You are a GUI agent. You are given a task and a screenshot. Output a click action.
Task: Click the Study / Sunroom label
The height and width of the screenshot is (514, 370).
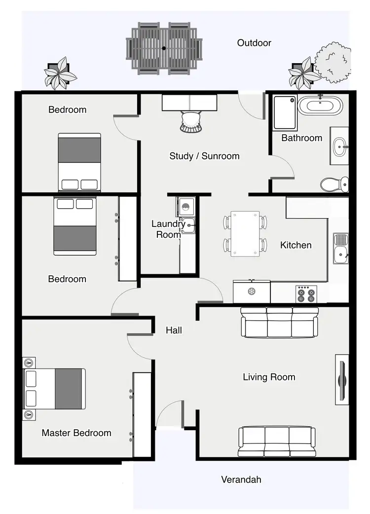[204, 156]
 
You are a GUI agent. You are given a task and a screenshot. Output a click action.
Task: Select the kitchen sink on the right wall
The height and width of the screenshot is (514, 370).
[340, 249]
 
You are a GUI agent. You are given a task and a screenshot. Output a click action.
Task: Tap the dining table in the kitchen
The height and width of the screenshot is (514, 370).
[245, 234]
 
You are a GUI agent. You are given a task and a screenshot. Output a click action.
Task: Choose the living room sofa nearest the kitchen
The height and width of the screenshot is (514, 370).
[279, 323]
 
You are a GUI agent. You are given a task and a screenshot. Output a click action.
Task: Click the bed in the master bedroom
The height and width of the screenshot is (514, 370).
[55, 389]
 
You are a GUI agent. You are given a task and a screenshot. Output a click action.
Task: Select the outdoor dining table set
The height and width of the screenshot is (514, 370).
[164, 48]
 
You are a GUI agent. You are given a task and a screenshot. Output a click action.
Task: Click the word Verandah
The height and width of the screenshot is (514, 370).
[241, 479]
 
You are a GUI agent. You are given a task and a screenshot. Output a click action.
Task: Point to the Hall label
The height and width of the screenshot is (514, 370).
[174, 330]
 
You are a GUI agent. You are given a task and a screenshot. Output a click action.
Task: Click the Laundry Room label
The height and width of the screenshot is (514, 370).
[168, 229]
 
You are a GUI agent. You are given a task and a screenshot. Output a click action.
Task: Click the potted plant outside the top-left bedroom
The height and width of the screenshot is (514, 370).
[60, 73]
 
